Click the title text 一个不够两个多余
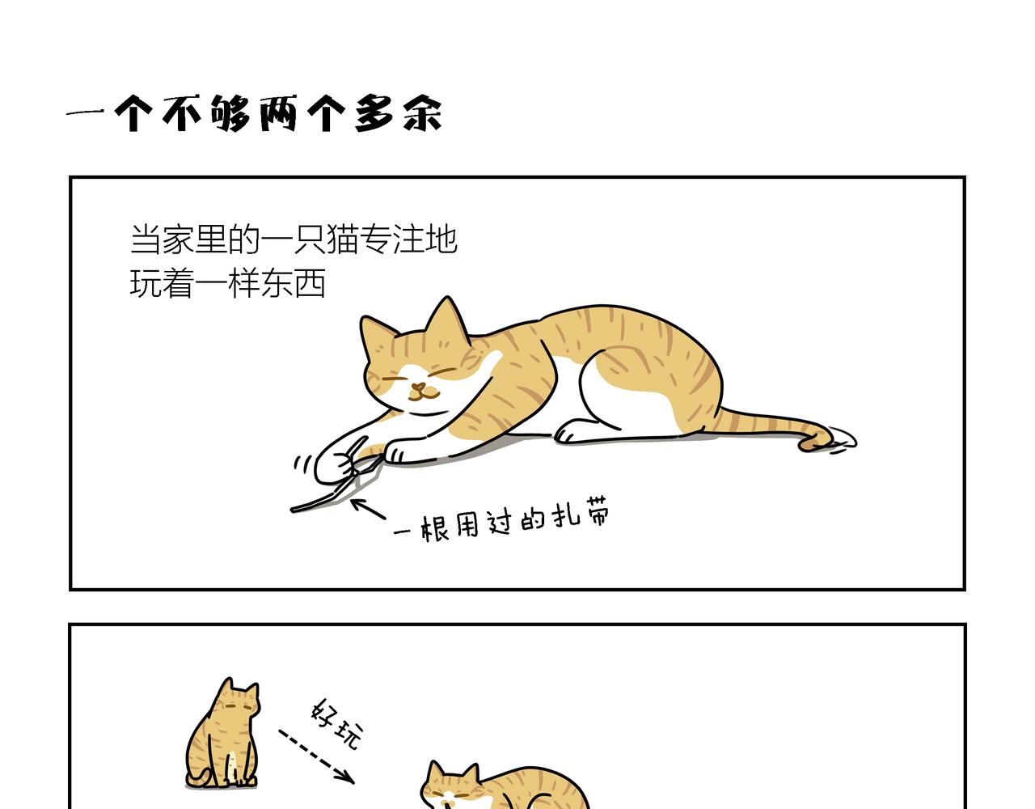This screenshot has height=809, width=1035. (x=254, y=113)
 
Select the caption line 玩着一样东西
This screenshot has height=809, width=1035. (x=227, y=283)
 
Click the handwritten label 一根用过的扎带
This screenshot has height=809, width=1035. (x=501, y=521)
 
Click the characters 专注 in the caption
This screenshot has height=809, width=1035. (x=391, y=239)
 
